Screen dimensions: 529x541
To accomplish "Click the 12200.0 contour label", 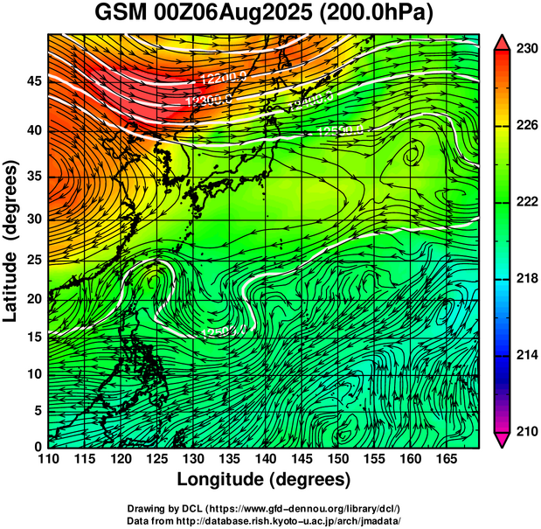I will pos(223,79).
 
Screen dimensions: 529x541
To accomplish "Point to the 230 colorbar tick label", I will pos(525,49).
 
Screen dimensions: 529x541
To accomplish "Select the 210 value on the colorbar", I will pos(525,431).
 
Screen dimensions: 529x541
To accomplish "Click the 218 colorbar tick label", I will pos(525,278).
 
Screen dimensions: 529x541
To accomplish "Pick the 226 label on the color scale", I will pos(525,126).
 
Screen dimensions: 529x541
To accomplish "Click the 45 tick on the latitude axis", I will pos(31,81).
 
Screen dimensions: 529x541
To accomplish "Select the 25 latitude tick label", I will pos(31,259).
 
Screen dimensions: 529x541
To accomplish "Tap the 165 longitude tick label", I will pos(444,458).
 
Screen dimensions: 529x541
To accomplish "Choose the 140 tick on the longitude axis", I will pos(264,458).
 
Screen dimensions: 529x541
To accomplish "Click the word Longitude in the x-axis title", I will pos(222,479).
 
